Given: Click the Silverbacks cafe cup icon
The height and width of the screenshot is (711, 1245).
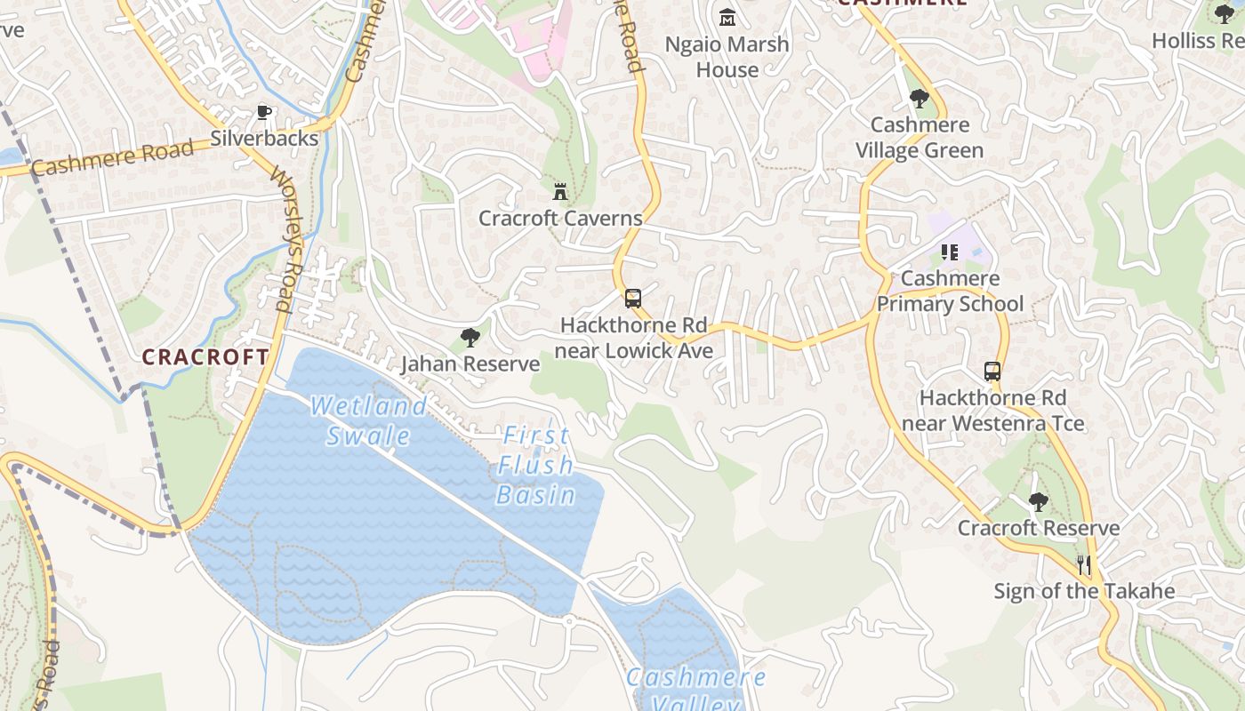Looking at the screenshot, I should [x=263, y=112].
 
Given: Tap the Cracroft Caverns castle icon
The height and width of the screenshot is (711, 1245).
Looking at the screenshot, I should [x=560, y=191].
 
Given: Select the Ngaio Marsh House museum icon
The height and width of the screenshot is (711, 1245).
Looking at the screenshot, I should [x=727, y=17].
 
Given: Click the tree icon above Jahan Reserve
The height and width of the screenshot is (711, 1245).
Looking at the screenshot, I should [x=470, y=338].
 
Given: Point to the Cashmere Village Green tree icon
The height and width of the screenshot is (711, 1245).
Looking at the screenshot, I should [x=920, y=99].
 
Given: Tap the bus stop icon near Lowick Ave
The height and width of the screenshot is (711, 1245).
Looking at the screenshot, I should [x=633, y=299].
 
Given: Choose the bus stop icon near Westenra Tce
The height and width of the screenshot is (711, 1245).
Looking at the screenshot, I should [x=992, y=371].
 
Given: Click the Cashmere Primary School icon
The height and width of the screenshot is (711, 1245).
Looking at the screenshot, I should [x=950, y=252].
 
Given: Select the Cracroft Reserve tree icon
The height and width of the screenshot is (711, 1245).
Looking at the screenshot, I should [x=1038, y=502].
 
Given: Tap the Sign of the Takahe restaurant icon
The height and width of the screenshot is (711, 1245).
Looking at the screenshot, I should [x=1084, y=564].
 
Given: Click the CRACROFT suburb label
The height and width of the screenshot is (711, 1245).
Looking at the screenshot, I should [x=205, y=357].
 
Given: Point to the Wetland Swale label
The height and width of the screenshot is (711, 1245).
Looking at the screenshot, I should [x=368, y=420].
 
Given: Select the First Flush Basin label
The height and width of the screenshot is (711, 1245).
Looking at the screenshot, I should [x=535, y=465].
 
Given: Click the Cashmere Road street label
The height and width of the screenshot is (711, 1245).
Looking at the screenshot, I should [x=112, y=157].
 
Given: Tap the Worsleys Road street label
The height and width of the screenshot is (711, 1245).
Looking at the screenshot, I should [x=288, y=240].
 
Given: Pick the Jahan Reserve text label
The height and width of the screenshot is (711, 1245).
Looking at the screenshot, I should [x=470, y=363].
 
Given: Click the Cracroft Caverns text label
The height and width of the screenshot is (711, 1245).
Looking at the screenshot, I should [x=560, y=218].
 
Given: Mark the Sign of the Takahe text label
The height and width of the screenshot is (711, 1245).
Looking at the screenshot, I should [x=1084, y=591].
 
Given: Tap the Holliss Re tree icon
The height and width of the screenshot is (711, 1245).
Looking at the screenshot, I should [x=1225, y=13].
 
